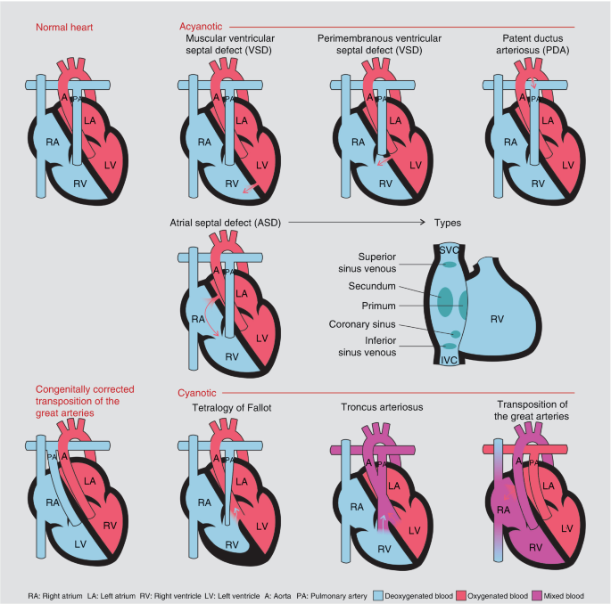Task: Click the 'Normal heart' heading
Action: click(x=65, y=27)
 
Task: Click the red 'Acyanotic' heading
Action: click(x=202, y=27)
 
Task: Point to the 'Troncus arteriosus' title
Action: click(x=382, y=408)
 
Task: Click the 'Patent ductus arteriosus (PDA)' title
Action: click(x=539, y=46)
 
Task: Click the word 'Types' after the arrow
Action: click(x=448, y=221)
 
